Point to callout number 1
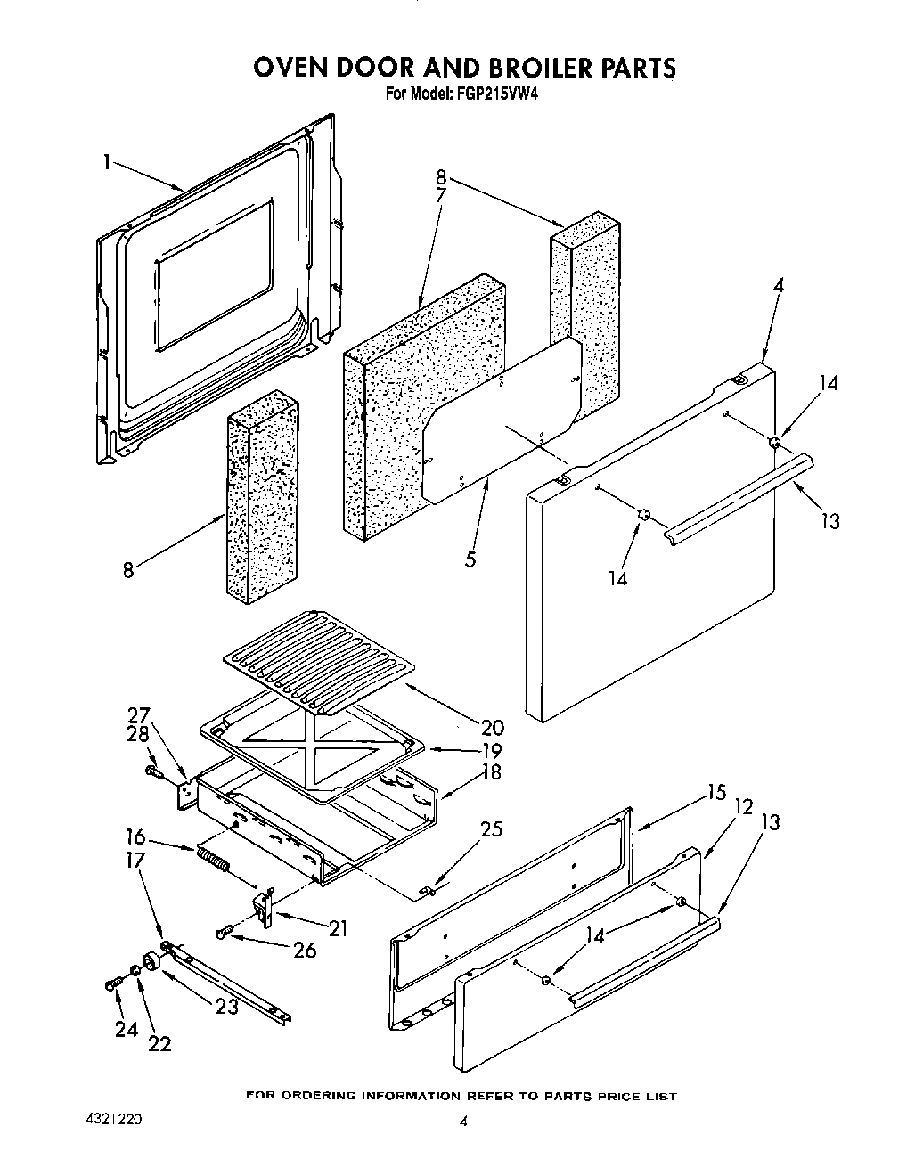coord(106,162)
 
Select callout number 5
coord(470,559)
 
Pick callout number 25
coord(491,829)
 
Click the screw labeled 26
coord(225,933)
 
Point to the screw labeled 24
coord(113,983)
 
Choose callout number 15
coord(716,792)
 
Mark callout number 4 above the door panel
coord(779,287)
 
